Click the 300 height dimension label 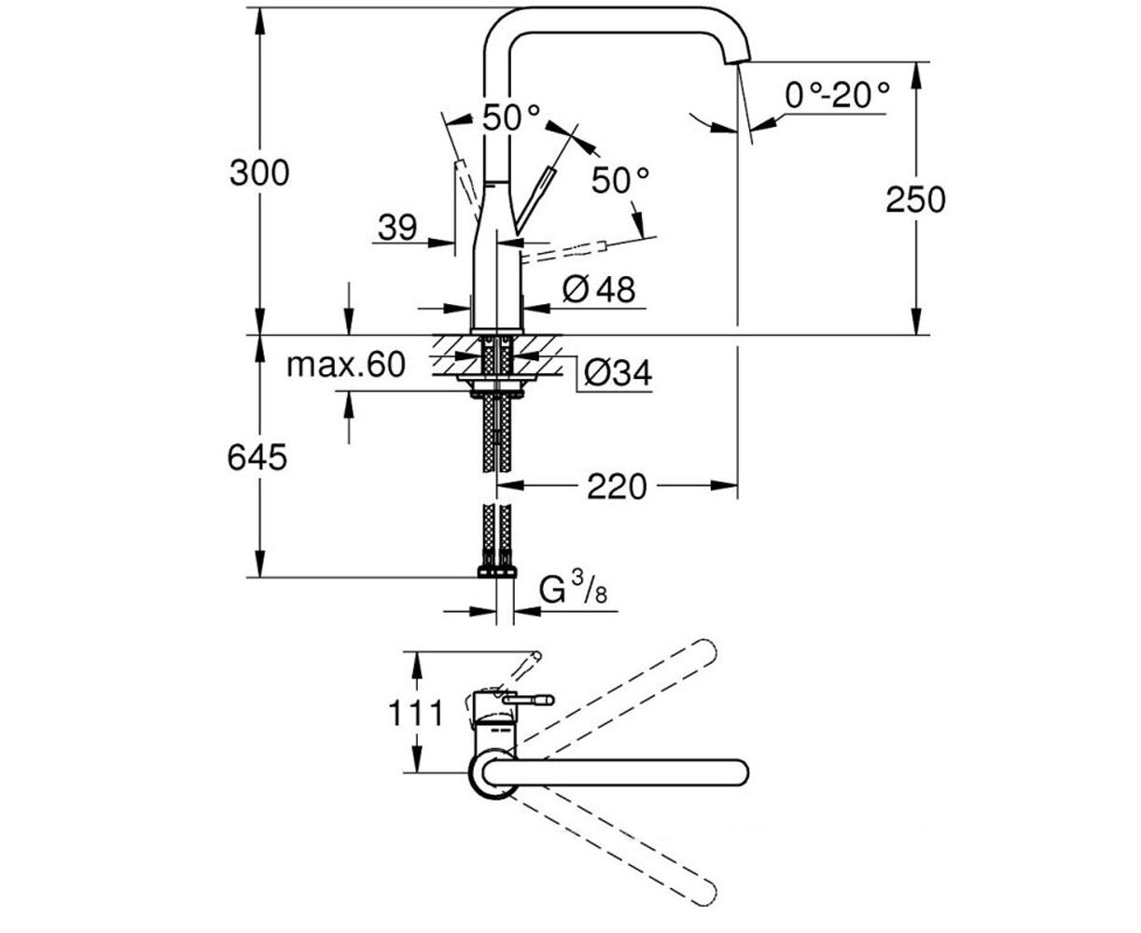tap(259, 174)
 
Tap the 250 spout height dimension tap(915, 200)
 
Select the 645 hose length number tap(257, 457)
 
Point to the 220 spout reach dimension tap(617, 486)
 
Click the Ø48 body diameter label tap(599, 289)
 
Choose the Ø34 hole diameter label tap(619, 372)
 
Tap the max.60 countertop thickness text tap(346, 365)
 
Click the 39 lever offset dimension tap(397, 228)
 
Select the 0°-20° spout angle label tap(838, 96)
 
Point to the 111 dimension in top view tap(415, 714)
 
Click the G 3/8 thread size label tap(574, 590)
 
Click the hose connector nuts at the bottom tap(496, 572)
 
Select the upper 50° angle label tap(511, 118)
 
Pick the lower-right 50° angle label tap(620, 180)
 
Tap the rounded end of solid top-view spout tap(739, 773)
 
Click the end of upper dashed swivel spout tap(705, 650)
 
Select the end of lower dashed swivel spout tap(705, 895)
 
